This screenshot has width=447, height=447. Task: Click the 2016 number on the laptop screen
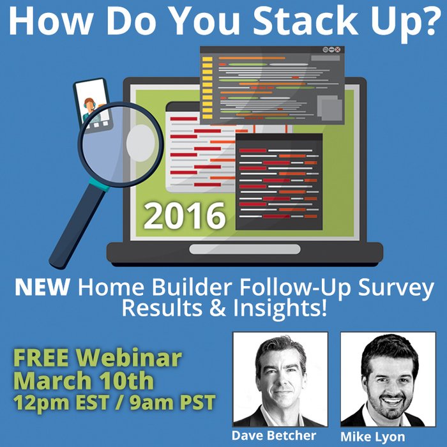(x=185, y=215)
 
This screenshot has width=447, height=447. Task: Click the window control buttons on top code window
(x=331, y=50)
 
